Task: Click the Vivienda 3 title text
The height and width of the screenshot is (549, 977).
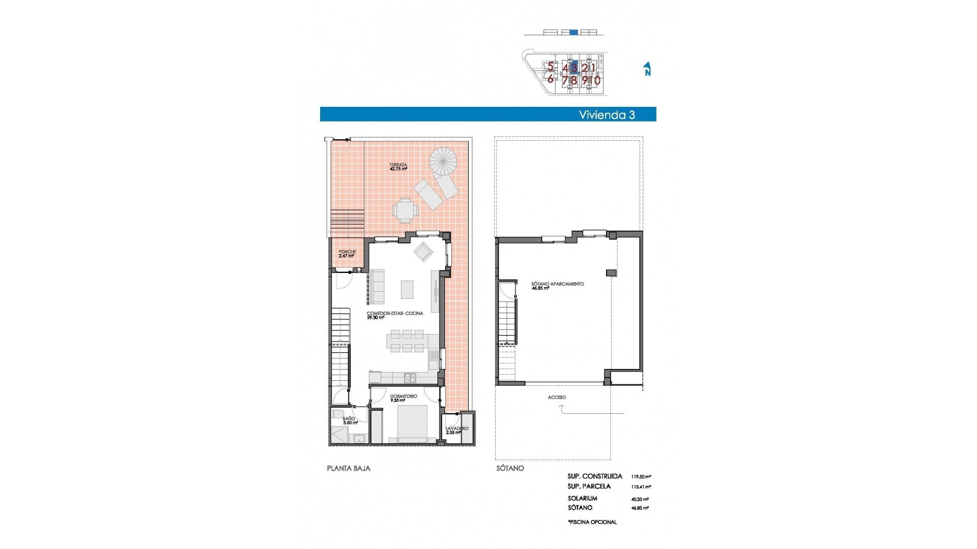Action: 607,115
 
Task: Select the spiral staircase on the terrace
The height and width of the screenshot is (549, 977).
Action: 443,162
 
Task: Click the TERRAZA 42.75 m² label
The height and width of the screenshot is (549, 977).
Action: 398,167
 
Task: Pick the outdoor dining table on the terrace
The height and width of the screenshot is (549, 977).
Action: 405,210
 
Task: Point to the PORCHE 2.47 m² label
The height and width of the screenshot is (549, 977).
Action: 347,254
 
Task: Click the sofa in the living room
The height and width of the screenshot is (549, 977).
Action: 378,287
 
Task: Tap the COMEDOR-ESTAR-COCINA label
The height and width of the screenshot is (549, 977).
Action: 394,315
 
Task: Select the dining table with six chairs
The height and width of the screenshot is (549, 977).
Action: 406,341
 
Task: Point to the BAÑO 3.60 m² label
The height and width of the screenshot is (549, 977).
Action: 350,420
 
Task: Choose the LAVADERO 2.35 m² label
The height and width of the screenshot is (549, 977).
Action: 456,431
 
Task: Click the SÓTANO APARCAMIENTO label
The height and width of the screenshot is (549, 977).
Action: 557,286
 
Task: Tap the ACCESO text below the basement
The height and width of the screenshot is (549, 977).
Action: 557,398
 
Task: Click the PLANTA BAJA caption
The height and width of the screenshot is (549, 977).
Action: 349,468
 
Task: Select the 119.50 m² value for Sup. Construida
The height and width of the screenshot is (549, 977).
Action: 641,477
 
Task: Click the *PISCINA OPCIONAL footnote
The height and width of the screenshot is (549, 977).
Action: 592,522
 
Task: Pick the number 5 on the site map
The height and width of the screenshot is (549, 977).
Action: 550,66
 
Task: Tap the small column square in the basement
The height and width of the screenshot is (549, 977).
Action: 611,273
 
